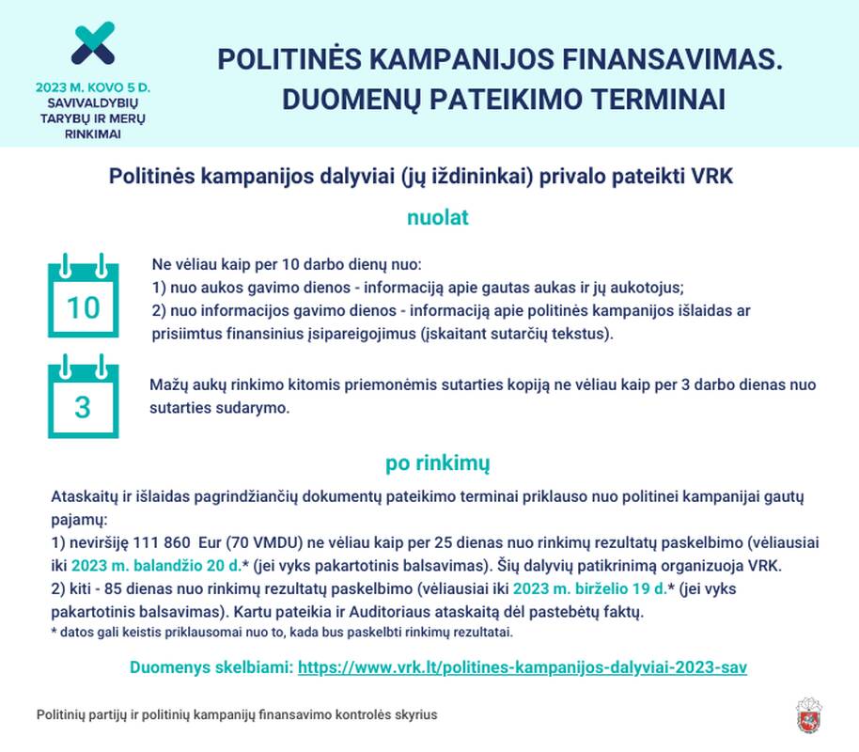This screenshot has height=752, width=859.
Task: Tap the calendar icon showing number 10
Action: pyautogui.click(x=83, y=295)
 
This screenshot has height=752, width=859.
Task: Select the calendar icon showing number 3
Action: pyautogui.click(x=83, y=396)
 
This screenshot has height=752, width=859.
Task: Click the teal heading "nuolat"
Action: pyautogui.click(x=437, y=218)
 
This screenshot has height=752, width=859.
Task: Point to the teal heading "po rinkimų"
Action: pyautogui.click(x=437, y=463)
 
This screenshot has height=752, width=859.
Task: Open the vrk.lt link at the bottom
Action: pyautogui.click(x=522, y=667)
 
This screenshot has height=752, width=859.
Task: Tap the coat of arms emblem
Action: pyautogui.click(x=809, y=714)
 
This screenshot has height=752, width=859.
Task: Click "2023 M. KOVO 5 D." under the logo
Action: pyautogui.click(x=93, y=87)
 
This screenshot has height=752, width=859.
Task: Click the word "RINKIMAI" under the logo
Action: pyautogui.click(x=93, y=133)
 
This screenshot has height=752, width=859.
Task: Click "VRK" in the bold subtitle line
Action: pyautogui.click(x=713, y=176)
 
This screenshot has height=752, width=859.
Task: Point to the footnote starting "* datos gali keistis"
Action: pyautogui.click(x=282, y=632)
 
